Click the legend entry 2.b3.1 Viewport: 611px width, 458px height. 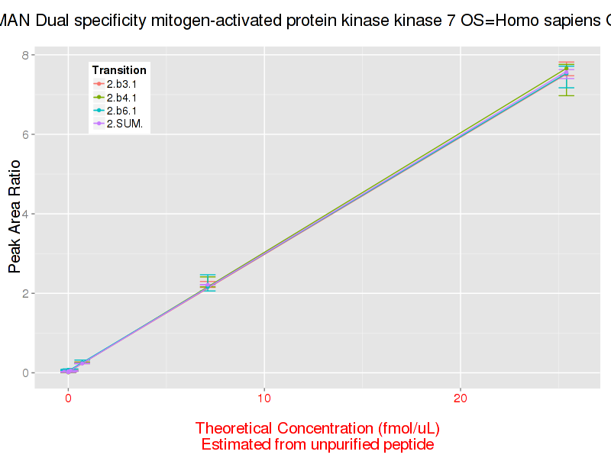pyautogui.click(x=121, y=84)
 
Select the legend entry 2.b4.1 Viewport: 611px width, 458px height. pyautogui.click(x=121, y=98)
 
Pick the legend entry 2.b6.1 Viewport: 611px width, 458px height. pyautogui.click(x=121, y=111)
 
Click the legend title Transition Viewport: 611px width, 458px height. pyautogui.click(x=118, y=70)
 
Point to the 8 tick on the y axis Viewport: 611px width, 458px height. pyautogui.click(x=25, y=55)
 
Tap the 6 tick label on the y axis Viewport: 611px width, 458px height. pyautogui.click(x=25, y=134)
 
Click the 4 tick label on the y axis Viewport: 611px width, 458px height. pyautogui.click(x=25, y=214)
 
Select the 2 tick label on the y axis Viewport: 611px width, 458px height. pyautogui.click(x=25, y=293)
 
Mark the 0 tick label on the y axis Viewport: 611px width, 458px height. pyautogui.click(x=25, y=373)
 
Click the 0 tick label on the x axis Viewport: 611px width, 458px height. pyautogui.click(x=68, y=398)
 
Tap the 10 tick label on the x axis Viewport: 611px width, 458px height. pyautogui.click(x=263, y=398)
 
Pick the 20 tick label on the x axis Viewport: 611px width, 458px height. pyautogui.click(x=460, y=398)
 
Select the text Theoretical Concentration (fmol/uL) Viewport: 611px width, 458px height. pyautogui.click(x=317, y=427)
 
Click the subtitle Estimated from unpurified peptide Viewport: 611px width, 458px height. pyautogui.click(x=317, y=444)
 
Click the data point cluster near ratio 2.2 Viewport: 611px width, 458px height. pyautogui.click(x=208, y=285)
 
